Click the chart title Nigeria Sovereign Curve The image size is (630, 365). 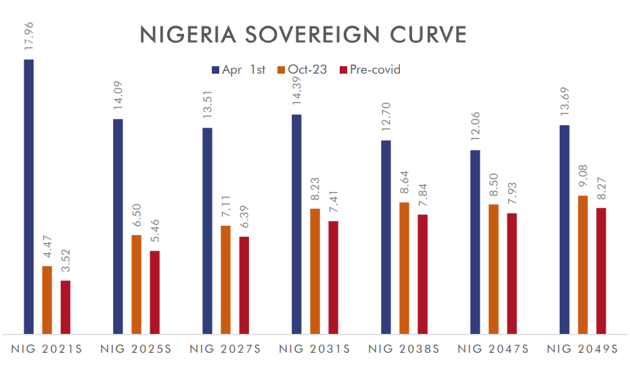coord(302,34)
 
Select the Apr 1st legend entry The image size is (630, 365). coord(239,70)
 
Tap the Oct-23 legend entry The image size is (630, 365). coord(302,70)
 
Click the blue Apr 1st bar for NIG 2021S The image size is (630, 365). coord(28,196)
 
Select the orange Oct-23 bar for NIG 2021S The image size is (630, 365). coord(47,299)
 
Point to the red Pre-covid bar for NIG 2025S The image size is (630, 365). coord(154,292)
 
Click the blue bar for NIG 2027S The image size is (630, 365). coord(207,230)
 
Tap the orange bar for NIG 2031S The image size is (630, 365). coord(315,271)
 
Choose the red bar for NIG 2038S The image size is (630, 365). coord(422,274)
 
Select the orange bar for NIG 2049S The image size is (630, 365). coord(583,264)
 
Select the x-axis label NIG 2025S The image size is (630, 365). coord(135,349)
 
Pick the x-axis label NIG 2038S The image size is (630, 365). coord(404,349)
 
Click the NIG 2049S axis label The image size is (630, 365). coord(583,349)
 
